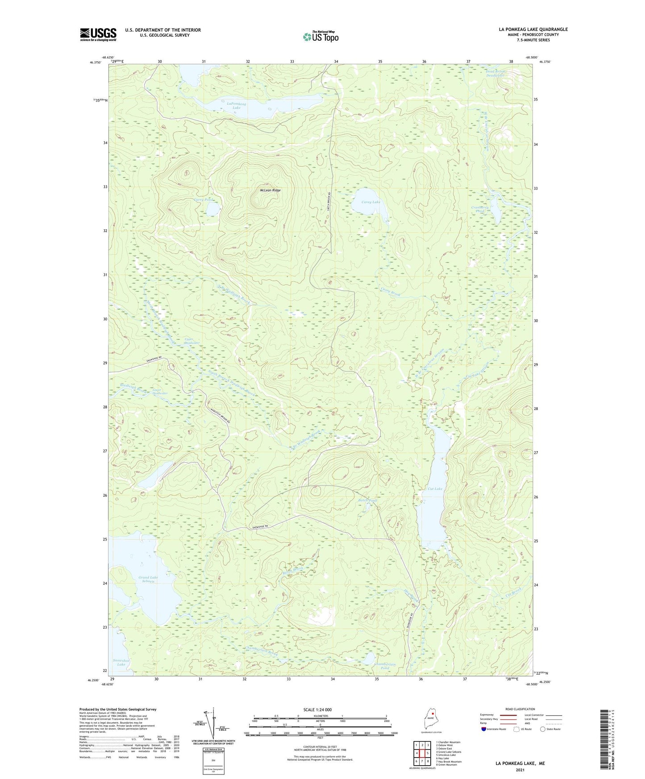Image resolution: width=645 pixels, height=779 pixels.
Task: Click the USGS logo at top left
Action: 98,34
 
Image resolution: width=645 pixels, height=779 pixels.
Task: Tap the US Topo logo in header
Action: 320,37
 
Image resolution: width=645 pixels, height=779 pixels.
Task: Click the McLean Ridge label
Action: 270,191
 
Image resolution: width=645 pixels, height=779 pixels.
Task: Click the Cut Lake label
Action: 435,489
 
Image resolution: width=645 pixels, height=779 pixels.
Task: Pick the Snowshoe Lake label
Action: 121,662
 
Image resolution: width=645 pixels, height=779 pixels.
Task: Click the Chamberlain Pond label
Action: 385,666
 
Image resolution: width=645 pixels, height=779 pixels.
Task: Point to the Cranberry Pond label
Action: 480,209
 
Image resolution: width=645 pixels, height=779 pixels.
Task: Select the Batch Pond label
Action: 368,500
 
